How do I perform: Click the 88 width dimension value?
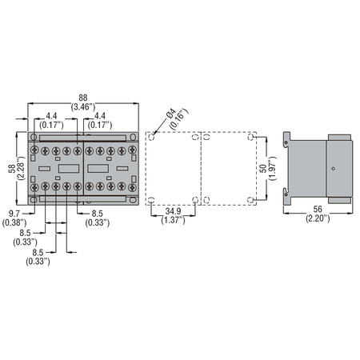(83, 98)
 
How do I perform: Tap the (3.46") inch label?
(83, 107)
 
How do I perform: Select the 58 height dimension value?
(12, 169)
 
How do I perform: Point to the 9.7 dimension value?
(14, 214)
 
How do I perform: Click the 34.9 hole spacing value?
(173, 211)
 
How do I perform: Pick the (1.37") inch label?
(173, 220)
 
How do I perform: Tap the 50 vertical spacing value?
(263, 169)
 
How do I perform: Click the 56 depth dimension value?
(318, 209)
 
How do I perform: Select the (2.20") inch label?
(318, 218)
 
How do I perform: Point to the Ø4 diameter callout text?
(171, 114)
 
